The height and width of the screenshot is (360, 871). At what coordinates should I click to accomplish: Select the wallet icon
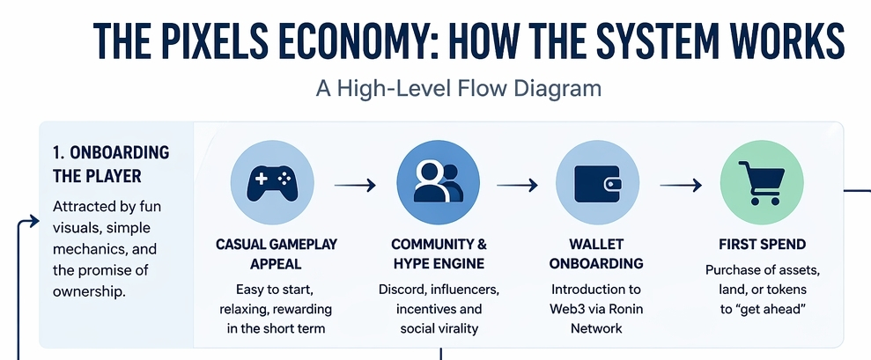coord(596,183)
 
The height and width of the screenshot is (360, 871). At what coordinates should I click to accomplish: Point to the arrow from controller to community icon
coord(356,186)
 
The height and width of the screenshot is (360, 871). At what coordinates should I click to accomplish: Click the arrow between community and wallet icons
coord(517,186)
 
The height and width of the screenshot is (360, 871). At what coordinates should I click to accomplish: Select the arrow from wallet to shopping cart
coord(681,186)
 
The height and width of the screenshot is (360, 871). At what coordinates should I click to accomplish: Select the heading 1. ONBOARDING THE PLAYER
coord(110,165)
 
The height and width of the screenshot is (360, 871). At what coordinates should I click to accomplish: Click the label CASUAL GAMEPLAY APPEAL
coord(276,253)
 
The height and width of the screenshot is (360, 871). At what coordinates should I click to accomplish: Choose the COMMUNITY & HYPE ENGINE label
coord(438,253)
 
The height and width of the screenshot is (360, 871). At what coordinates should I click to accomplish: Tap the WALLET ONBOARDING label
coord(596,253)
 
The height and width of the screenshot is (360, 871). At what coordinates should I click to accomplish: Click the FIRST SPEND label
coord(762,244)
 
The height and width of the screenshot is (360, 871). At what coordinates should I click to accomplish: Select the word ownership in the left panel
coord(89,290)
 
